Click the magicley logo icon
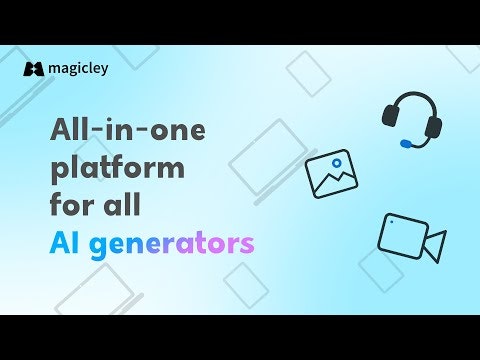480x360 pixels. (32, 69)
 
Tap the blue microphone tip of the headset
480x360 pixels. (404, 144)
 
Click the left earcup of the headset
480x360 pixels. (390, 121)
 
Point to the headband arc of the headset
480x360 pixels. (413, 98)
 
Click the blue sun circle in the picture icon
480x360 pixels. (337, 162)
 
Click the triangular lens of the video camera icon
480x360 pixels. (435, 245)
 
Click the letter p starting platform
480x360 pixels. (58, 171)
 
